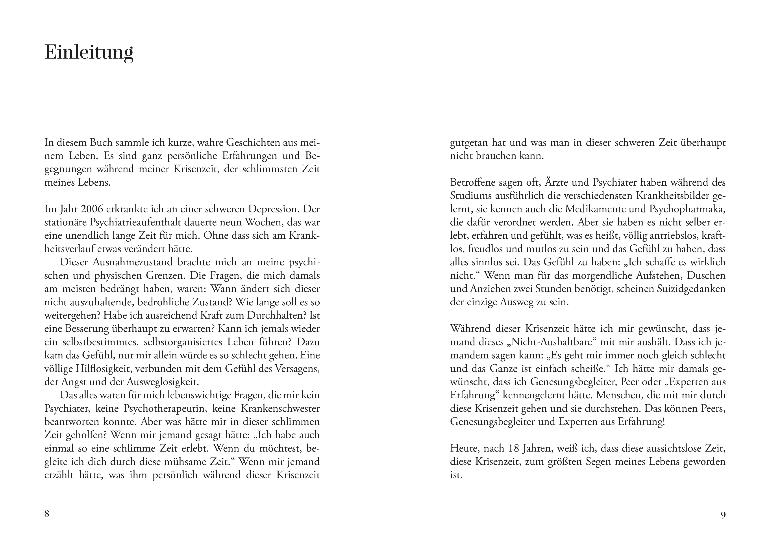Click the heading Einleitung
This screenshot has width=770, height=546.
point(89,53)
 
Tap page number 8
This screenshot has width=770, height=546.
point(47,513)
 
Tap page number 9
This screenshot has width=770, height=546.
point(723,515)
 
